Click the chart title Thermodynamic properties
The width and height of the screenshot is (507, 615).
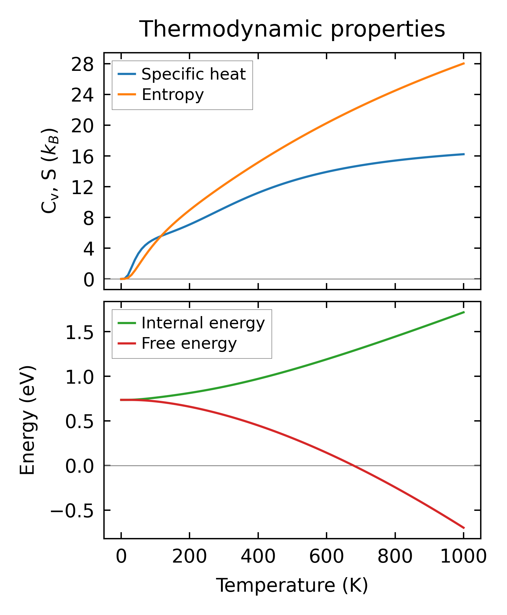pyautogui.click(x=292, y=29)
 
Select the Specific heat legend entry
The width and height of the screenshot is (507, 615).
pyautogui.click(x=193, y=74)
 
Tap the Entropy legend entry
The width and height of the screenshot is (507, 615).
pyautogui.click(x=173, y=95)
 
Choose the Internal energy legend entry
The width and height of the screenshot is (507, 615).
pyautogui.click(x=203, y=323)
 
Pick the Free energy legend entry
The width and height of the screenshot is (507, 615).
pyautogui.click(x=189, y=344)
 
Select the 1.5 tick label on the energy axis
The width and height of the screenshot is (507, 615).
pyautogui.click(x=80, y=333)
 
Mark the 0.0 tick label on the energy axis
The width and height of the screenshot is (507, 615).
pyautogui.click(x=80, y=467)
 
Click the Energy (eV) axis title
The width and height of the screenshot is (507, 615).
pyautogui.click(x=27, y=420)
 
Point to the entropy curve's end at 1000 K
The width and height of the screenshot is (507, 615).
pyautogui.click(x=464, y=63)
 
